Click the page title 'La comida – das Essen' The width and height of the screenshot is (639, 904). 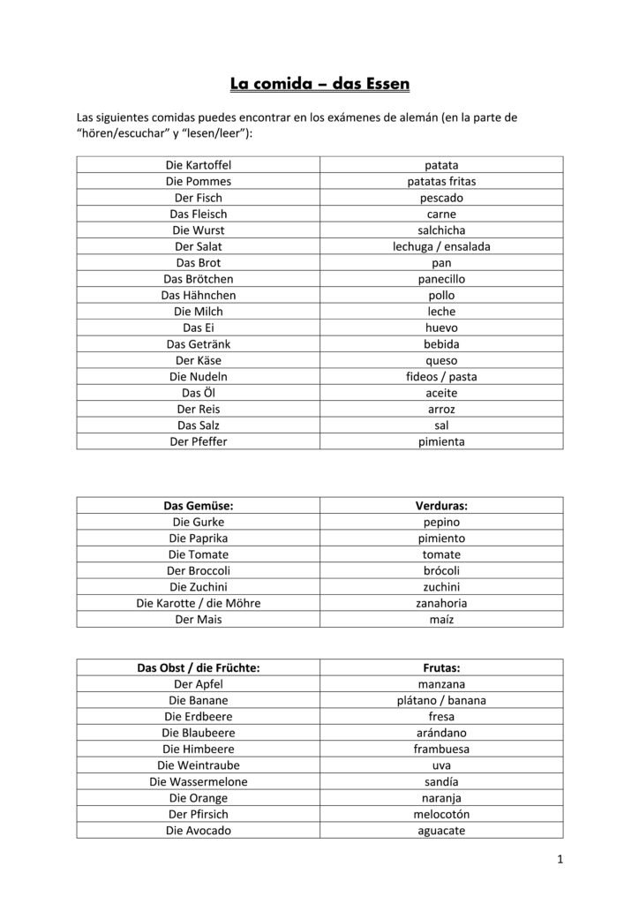click(319, 85)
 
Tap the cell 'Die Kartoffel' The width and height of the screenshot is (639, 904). click(199, 165)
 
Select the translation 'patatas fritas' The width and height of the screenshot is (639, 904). click(441, 181)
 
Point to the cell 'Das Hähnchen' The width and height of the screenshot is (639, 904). click(199, 295)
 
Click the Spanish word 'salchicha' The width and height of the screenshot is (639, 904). click(441, 230)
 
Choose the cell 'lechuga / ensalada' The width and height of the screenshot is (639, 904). click(441, 246)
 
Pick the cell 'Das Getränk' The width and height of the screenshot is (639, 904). click(199, 343)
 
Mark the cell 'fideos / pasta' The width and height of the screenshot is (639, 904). click(441, 376)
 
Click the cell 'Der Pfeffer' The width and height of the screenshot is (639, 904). click(199, 441)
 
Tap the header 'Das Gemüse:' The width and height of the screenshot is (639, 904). click(199, 506)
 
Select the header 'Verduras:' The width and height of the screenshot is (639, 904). click(441, 506)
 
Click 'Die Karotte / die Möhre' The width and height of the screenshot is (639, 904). click(199, 603)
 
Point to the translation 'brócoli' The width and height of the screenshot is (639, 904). click(441, 570)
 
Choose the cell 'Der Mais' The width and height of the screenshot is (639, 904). click(199, 619)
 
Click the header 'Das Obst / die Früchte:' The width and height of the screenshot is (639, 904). click(199, 668)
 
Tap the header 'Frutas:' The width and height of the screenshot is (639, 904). click(441, 668)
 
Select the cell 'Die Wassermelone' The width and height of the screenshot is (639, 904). click(199, 781)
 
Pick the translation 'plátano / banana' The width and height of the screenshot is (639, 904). click(441, 700)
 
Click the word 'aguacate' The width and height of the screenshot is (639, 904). click(441, 830)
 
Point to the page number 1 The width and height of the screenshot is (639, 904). click(560, 859)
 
